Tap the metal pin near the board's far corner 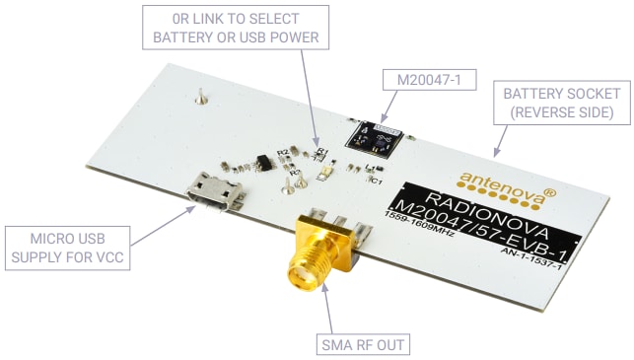[x=200, y=98]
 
